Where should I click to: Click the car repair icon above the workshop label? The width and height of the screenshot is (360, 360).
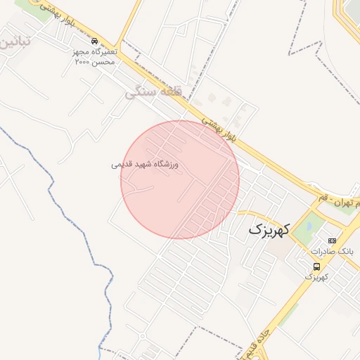coord(95,41)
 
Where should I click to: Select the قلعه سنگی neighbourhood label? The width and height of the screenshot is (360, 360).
coord(153,92)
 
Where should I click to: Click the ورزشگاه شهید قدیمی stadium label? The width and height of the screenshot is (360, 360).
coord(145,165)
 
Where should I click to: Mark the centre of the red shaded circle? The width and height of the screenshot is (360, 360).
coord(179,179)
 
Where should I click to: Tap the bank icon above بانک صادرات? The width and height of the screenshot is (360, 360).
coord(332,241)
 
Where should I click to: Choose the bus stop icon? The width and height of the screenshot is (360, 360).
coord(317,266)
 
